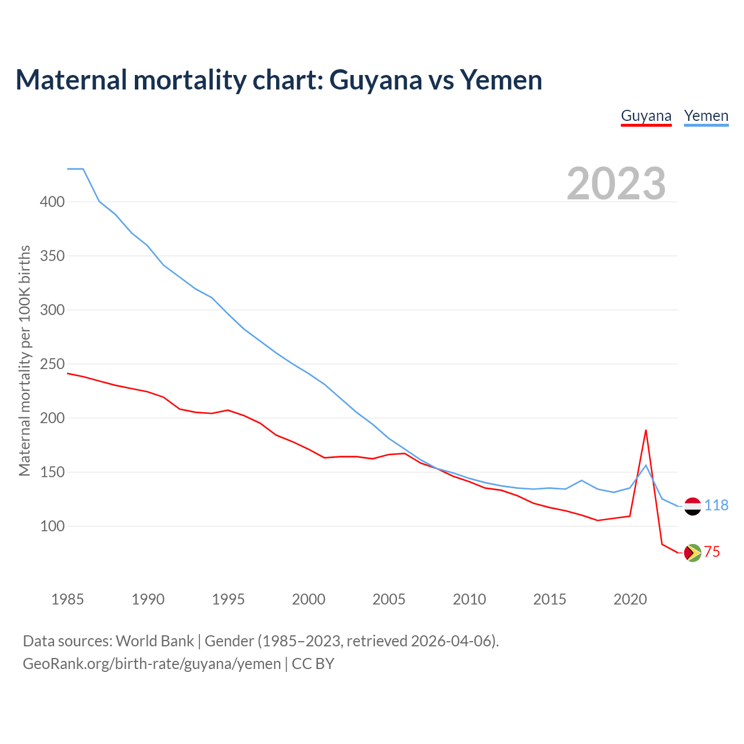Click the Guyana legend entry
click(646, 116)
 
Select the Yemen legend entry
click(706, 116)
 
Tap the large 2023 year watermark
click(616, 184)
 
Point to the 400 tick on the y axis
click(52, 202)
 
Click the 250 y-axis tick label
click(52, 364)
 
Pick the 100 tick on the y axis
click(52, 526)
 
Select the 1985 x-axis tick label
click(67, 599)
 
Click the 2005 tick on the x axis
click(389, 599)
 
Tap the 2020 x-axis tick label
click(630, 599)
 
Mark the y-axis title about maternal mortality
click(24, 360)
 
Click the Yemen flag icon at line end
click(692, 506)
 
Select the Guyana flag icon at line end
click(692, 553)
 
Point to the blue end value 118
click(716, 506)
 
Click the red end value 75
click(712, 552)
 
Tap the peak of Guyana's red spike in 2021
click(646, 430)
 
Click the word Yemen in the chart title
click(501, 80)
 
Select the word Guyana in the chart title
click(375, 80)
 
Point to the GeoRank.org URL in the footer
click(152, 663)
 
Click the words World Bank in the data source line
click(155, 641)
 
